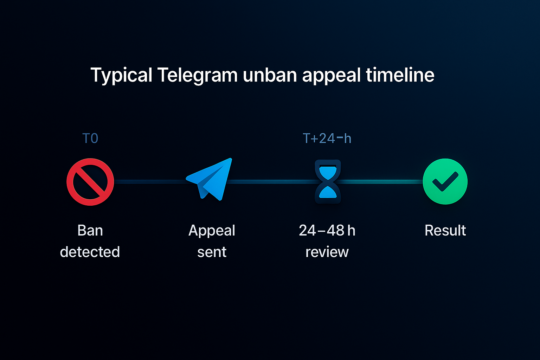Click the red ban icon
(x=90, y=182)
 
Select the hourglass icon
(x=328, y=182)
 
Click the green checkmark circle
(x=445, y=181)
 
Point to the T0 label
(x=90, y=139)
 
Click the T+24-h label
(x=327, y=139)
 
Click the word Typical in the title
(x=121, y=75)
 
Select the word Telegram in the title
(x=197, y=75)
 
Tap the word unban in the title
(x=269, y=75)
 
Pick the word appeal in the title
(x=331, y=75)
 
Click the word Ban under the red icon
(x=90, y=231)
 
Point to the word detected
(x=90, y=252)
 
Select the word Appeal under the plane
(x=212, y=231)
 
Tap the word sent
(x=212, y=252)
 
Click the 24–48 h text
(x=327, y=231)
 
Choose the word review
(x=327, y=252)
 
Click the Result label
(x=445, y=231)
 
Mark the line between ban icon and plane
(x=149, y=182)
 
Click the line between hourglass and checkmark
(x=381, y=182)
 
